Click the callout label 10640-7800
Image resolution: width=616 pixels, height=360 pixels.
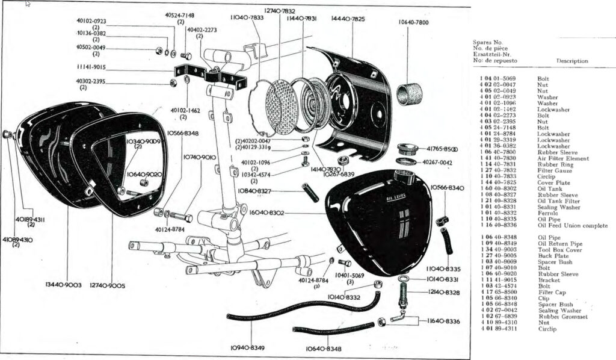click(413, 22)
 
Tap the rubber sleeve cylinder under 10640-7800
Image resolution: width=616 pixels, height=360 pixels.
click(409, 93)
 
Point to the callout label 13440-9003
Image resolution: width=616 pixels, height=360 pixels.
click(64, 284)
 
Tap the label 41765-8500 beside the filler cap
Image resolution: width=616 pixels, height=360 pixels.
click(442, 149)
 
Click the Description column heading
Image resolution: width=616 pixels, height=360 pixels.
click(572, 61)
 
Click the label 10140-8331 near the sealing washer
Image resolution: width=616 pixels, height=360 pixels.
click(443, 279)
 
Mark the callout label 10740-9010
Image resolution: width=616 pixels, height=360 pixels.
click(200, 157)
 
